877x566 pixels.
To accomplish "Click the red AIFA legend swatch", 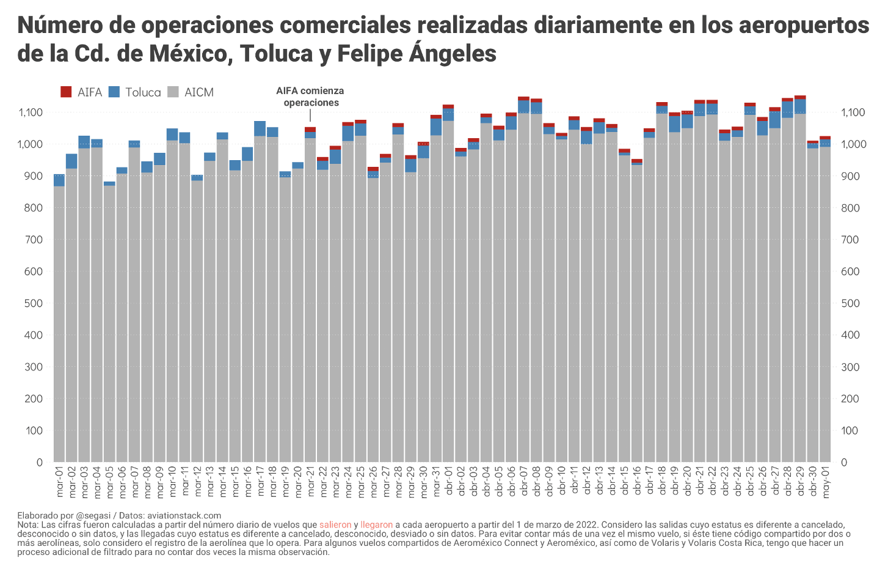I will coord(66,92).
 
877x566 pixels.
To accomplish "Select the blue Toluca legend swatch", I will coord(114,92).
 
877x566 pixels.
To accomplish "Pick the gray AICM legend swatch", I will coord(173,92).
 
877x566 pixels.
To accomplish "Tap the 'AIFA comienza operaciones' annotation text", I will coord(310,97).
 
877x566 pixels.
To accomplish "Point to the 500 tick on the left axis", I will coord(34,303).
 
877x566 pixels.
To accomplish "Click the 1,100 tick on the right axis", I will coord(853,112).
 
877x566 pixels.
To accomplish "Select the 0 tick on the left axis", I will coord(39,462).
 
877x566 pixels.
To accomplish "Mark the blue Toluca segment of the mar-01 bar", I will coord(59,180).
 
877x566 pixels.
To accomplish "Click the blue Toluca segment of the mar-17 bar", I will coord(260,128).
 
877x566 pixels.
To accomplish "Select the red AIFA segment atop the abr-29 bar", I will coord(800,97).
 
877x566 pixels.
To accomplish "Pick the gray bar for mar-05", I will coord(109,324).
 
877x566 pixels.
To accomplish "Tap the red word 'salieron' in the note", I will coord(335,525).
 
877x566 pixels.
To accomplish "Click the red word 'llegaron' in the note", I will coord(376,525).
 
